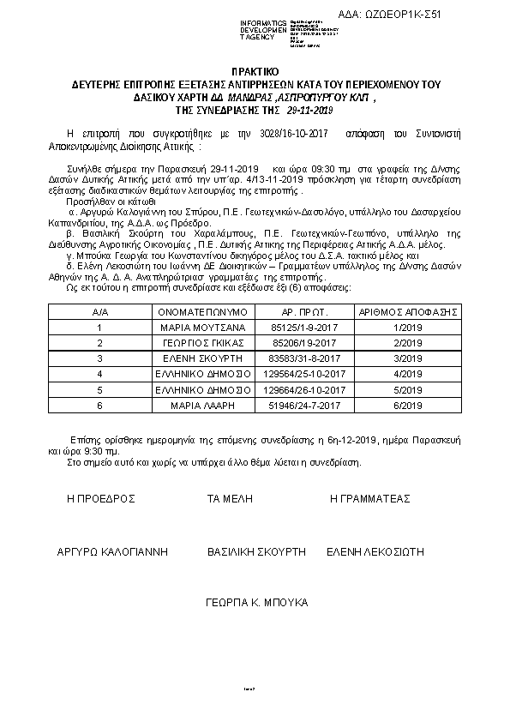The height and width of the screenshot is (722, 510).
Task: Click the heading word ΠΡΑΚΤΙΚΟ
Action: point(255,73)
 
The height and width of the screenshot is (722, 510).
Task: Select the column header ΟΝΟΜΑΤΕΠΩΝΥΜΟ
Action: point(203,313)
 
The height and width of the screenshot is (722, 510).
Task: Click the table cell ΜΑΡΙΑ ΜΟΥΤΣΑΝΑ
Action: point(203,328)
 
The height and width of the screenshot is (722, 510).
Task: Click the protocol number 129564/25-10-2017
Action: point(305,374)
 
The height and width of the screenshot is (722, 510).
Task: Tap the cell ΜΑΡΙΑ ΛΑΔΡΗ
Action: point(203,405)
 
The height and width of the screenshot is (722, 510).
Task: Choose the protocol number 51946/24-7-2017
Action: point(305,405)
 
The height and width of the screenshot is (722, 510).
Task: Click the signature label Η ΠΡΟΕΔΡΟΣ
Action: point(102,498)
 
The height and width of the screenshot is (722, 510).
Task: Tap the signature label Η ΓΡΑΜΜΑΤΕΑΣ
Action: point(370,498)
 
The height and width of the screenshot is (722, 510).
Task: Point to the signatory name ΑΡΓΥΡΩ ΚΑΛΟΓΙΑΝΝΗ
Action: point(111,551)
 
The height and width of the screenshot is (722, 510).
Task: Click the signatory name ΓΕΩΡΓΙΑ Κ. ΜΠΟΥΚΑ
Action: point(257,603)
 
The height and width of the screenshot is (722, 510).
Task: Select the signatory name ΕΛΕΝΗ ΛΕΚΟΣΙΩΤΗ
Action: point(376,551)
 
